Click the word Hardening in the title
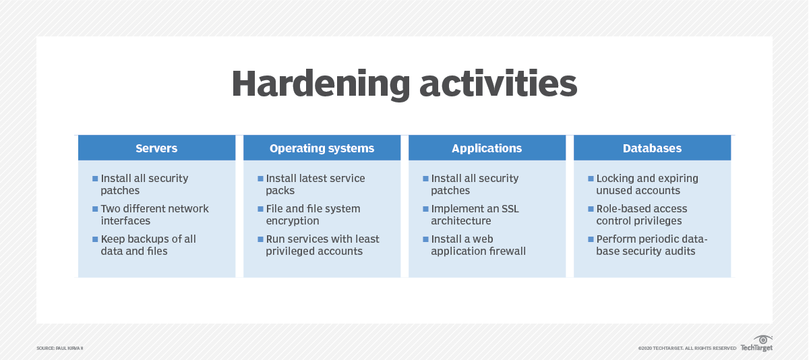[320, 84]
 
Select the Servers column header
[156, 148]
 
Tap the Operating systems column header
[322, 148]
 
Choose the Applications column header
[487, 148]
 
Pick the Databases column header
[652, 148]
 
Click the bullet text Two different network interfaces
[154, 214]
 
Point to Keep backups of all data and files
[148, 245]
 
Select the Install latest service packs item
[315, 184]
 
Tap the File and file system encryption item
[313, 214]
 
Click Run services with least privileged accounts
[322, 245]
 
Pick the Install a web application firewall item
[478, 245]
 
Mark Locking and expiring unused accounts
[647, 184]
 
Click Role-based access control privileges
[641, 214]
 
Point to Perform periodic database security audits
[651, 245]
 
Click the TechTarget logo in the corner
[756, 344]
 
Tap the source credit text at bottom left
[59, 348]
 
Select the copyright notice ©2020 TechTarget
[686, 348]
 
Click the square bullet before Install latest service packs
[260, 179]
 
